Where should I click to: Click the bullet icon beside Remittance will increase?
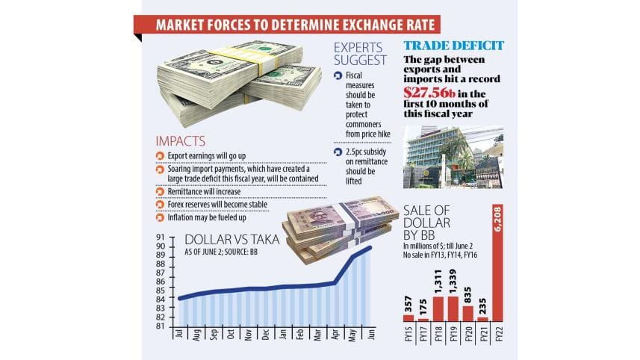tap(159, 191)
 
